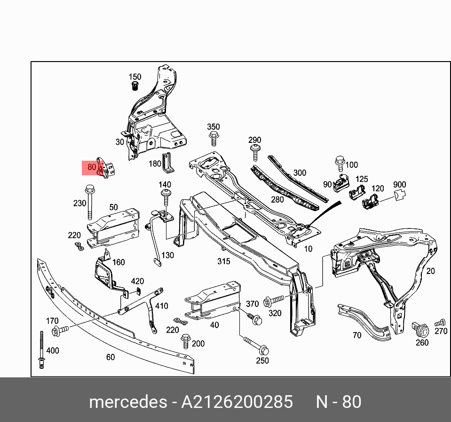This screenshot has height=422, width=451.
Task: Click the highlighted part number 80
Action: (92, 167)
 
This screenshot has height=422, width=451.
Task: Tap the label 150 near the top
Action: (135, 77)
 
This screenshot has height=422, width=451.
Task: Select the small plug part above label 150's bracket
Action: (135, 86)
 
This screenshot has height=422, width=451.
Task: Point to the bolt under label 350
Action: (214, 139)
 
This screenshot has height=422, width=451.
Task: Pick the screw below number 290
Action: (254, 152)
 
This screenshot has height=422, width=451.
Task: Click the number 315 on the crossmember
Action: (223, 261)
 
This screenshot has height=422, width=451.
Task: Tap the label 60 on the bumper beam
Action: (110, 357)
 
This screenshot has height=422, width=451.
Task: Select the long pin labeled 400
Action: (42, 350)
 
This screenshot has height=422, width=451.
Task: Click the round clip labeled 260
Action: (421, 329)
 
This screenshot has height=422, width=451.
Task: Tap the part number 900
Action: (399, 185)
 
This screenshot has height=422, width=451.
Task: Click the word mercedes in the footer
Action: (127, 402)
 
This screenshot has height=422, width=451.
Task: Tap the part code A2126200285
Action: (237, 402)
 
